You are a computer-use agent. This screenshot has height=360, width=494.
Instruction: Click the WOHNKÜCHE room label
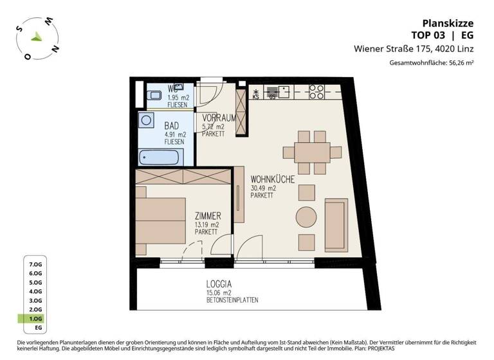[273, 179]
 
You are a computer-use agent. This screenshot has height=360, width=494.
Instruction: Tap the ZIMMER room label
[208, 215]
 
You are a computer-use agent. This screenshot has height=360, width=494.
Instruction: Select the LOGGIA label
[219, 283]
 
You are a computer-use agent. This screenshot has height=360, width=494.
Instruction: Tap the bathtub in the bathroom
[161, 156]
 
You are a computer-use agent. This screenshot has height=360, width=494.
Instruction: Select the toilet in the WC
[154, 96]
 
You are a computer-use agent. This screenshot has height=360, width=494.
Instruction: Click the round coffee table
[306, 217]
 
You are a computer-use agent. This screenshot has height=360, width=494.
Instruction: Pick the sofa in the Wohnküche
[336, 219]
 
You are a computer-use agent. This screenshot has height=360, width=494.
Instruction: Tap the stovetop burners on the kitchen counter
[316, 92]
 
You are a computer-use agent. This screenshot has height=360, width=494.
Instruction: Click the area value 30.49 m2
[264, 188]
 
